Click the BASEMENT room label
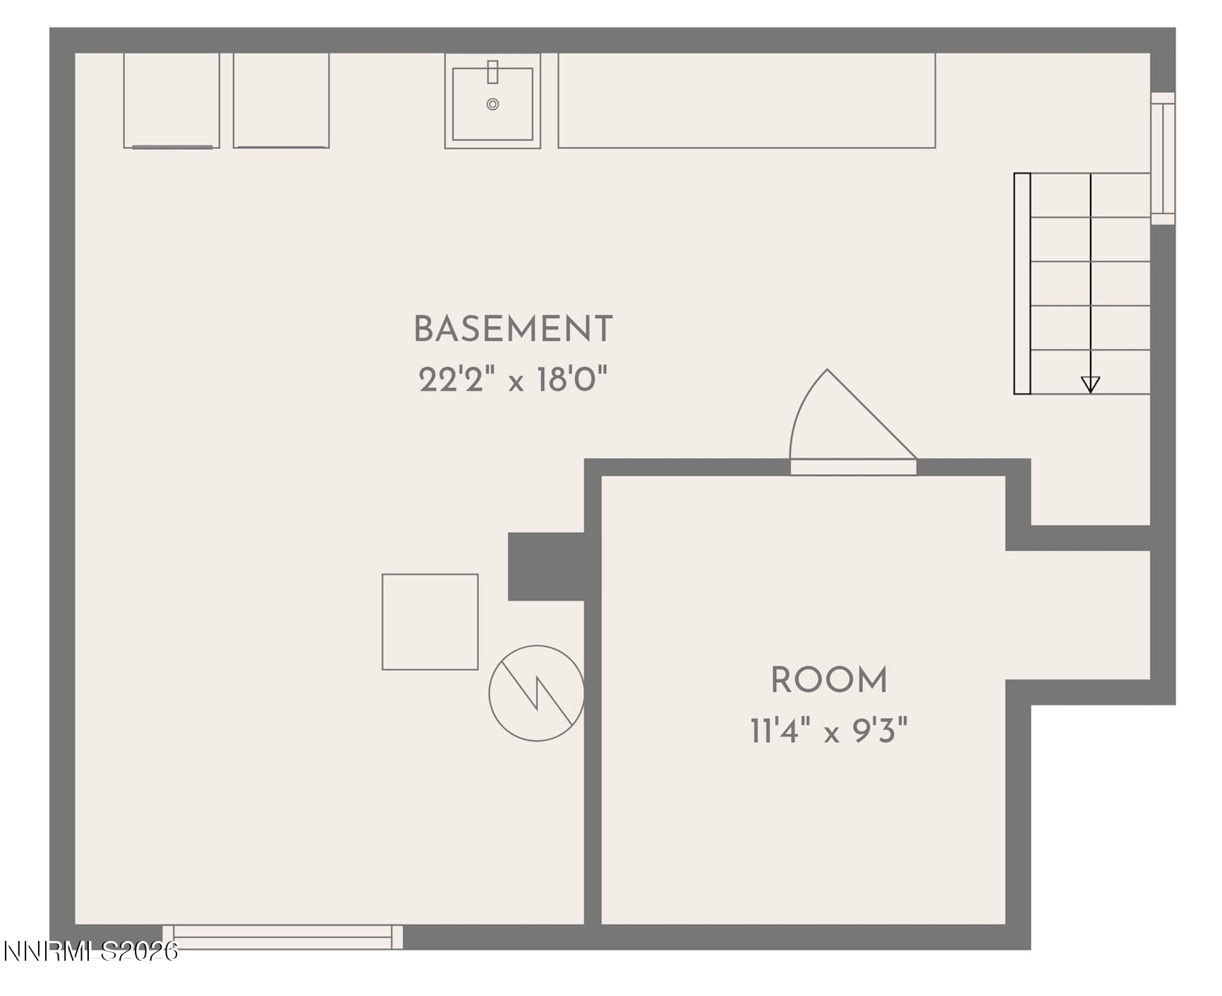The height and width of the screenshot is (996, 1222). tap(513, 329)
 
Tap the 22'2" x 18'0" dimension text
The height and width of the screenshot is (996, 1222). tap(513, 379)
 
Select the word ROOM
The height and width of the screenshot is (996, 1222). tap(829, 680)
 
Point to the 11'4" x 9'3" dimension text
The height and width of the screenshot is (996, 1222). tap(829, 731)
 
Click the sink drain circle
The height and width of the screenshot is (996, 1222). tap(492, 104)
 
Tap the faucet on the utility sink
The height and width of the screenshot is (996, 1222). tap(492, 72)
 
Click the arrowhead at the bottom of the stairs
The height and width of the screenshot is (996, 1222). tap(1090, 384)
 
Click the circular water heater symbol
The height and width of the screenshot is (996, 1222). tap(537, 693)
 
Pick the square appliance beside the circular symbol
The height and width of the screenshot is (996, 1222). tap(430, 621)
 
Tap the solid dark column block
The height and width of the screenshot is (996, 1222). tap(546, 566)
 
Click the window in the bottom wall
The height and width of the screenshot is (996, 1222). tap(283, 937)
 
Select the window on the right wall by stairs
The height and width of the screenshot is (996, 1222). tap(1163, 159)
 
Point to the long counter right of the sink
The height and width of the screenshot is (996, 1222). tap(746, 100)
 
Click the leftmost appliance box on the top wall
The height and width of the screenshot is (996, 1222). tap(171, 100)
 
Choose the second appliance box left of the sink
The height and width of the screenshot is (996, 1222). tap(282, 100)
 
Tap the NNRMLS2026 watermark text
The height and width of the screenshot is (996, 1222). tap(90, 952)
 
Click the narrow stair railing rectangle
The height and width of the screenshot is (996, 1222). tap(1022, 284)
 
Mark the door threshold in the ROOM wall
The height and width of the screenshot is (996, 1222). tap(853, 467)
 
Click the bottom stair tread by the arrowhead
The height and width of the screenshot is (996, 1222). tap(1090, 372)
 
